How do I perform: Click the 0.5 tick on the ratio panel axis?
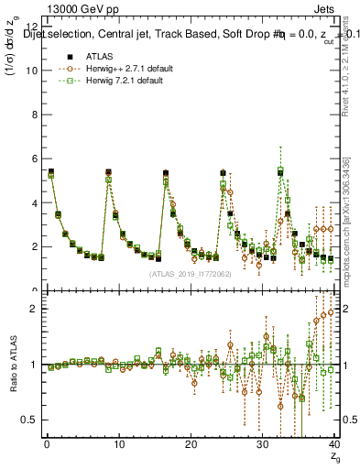click(28, 420)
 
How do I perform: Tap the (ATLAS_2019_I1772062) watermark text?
click(191, 273)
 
